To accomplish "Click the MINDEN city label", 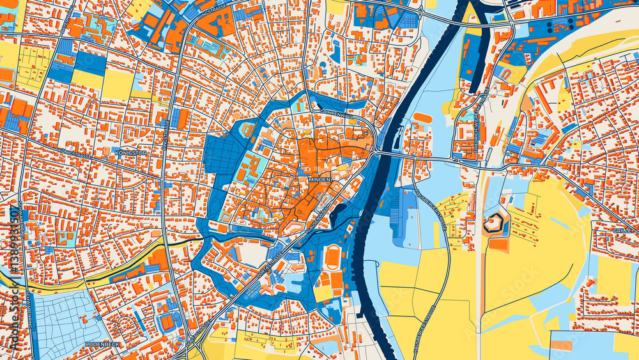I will pos(319,180).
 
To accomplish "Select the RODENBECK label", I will pos(101,344).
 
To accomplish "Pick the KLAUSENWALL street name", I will pos(318,217).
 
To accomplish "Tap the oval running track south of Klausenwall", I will pos(332,257).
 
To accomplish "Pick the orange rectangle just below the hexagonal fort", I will pos(498,244).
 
